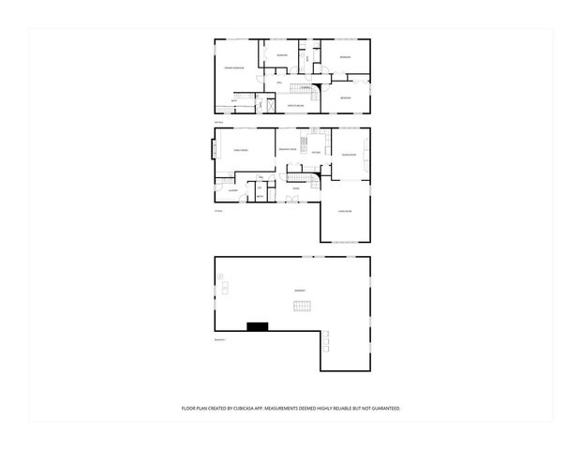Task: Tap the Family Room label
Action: tap(240, 150)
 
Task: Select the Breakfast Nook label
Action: tap(286, 150)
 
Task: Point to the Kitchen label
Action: tap(317, 151)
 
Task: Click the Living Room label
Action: tap(344, 212)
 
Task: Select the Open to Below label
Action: tap(292, 106)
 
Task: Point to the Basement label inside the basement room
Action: tap(298, 292)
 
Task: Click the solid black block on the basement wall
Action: tap(257, 326)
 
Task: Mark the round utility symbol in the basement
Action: tap(222, 278)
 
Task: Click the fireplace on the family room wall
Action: tap(214, 151)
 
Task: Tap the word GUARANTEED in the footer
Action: tap(382, 409)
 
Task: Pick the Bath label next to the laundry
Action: tap(261, 197)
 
